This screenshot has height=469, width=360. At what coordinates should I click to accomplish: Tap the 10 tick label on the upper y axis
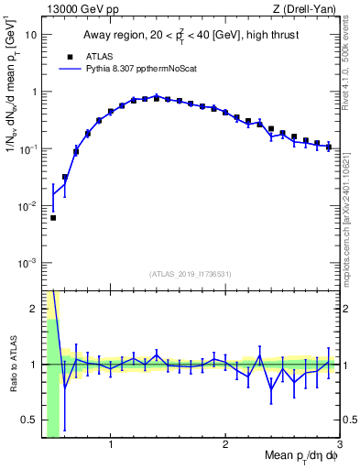click(x=30, y=35)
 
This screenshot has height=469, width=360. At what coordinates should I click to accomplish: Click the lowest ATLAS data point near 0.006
click(x=53, y=218)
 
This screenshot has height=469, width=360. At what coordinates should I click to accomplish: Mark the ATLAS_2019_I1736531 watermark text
click(x=191, y=274)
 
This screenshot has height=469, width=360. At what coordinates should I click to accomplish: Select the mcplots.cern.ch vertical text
click(x=349, y=211)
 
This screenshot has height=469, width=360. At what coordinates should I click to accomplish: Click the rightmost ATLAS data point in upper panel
click(x=328, y=147)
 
